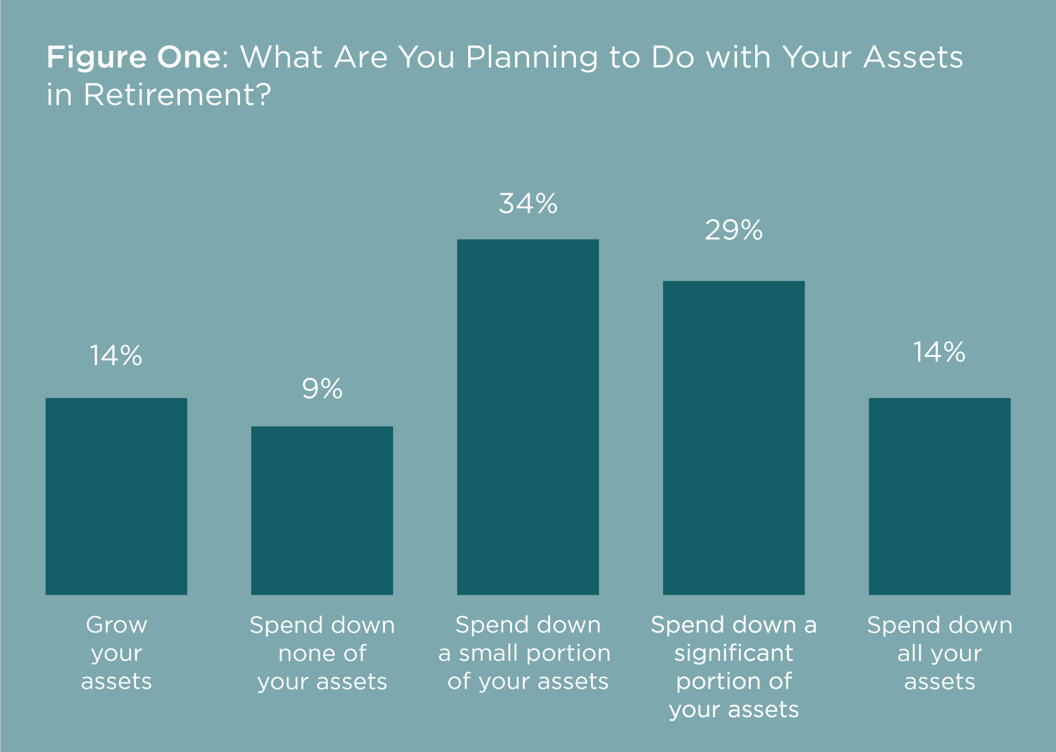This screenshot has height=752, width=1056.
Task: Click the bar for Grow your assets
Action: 117,497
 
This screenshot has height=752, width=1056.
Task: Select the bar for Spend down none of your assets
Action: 322,510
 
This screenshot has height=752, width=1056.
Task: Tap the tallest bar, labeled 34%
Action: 528,417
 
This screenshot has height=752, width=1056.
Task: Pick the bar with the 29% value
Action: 733,438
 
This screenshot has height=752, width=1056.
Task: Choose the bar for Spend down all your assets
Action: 939,497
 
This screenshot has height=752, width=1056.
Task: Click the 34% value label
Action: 528,204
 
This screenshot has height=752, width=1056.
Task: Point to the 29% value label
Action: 733,230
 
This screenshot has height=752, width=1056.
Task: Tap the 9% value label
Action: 322,389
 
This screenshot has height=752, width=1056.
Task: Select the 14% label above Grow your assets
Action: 116,355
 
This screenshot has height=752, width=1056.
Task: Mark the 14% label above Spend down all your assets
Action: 939,353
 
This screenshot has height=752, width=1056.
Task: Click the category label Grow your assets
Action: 117,653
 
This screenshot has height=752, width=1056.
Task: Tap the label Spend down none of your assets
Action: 322,653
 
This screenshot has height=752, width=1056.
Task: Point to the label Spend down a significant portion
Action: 733,667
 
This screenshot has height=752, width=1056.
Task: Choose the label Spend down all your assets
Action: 939,653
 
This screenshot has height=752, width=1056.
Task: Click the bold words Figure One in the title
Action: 133,57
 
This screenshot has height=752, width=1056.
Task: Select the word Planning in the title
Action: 532,58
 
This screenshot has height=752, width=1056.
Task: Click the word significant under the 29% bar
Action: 733,654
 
